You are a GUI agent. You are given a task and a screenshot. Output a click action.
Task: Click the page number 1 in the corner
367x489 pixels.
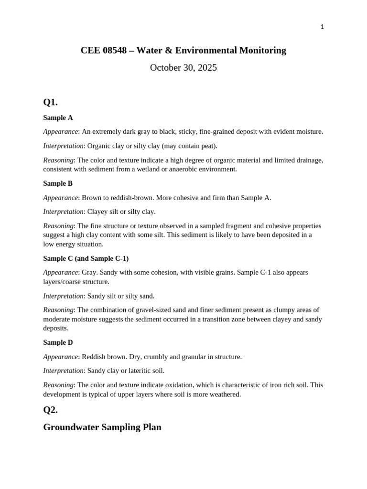[322, 27]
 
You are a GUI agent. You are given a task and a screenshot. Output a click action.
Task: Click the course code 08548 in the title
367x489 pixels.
[114, 50]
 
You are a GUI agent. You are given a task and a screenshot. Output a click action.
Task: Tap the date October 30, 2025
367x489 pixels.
[183, 68]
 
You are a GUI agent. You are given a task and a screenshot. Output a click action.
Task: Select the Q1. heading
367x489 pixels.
[50, 102]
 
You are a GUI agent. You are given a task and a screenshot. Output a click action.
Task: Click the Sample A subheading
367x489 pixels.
[58, 117]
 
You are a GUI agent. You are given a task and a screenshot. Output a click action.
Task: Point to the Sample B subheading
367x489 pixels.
[58, 183]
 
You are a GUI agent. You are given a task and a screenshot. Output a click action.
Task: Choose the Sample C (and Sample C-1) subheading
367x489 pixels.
[86, 258]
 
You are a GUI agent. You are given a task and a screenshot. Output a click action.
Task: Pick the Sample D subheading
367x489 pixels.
[58, 342]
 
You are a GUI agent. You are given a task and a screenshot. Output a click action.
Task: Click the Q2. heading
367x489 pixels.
[50, 410]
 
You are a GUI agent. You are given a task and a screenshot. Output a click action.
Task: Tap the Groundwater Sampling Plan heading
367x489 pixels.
[102, 427]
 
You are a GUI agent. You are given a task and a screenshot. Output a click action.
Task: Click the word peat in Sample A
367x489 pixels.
[206, 146]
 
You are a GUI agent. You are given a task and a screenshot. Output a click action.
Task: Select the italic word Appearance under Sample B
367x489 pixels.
[60, 198]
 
